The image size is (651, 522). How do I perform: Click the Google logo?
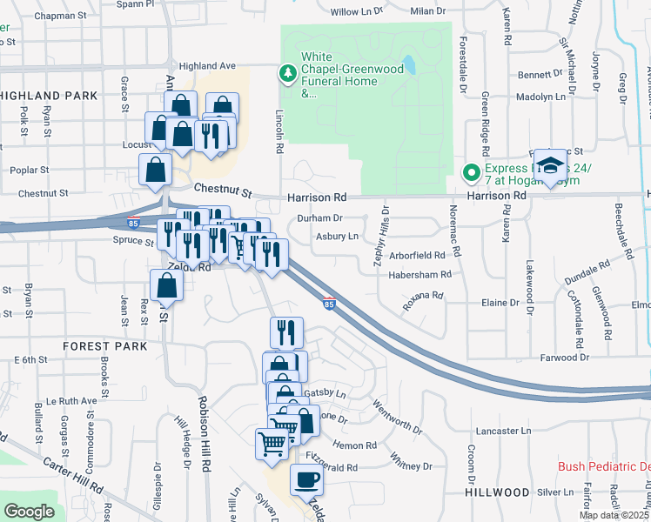(29, 512)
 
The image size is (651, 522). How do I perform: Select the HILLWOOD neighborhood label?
(497, 492)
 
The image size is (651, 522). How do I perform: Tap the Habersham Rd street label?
(420, 274)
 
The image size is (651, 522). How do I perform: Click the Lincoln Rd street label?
(279, 131)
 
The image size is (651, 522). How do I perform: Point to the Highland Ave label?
(207, 65)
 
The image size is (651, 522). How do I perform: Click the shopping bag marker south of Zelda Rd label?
(165, 285)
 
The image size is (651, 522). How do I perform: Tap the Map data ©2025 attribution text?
(613, 515)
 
